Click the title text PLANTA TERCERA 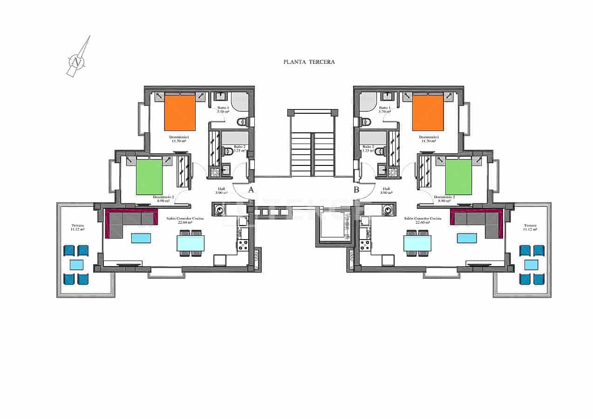click(309, 62)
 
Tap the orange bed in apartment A click(179, 113)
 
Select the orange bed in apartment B click(428, 113)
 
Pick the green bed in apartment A click(149, 177)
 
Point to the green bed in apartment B click(458, 177)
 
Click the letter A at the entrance click(251, 190)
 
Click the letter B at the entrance click(356, 190)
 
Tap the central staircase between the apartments click(312, 151)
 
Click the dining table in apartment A click(191, 243)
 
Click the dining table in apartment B click(417, 243)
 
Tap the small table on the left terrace click(76, 265)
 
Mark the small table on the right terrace click(531, 265)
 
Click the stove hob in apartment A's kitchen click(243, 245)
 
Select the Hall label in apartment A click(221, 191)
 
